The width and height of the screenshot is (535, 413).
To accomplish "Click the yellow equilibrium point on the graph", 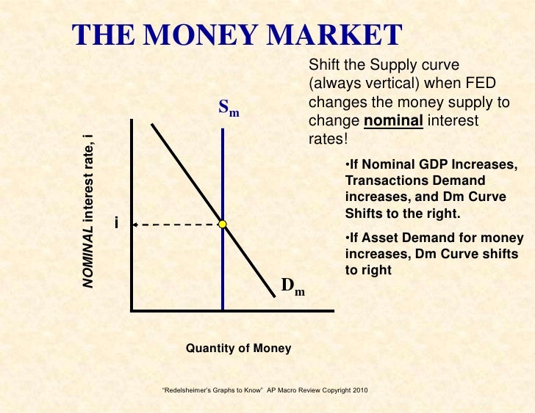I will point(222,224).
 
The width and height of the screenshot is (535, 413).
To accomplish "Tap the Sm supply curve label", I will point(229,109).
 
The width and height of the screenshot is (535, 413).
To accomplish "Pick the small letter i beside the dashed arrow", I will point(116,222).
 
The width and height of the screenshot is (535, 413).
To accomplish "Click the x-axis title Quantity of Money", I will point(238,348).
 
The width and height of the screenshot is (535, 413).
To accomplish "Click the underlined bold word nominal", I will point(393,120).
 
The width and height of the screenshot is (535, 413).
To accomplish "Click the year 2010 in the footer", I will point(356,389).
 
